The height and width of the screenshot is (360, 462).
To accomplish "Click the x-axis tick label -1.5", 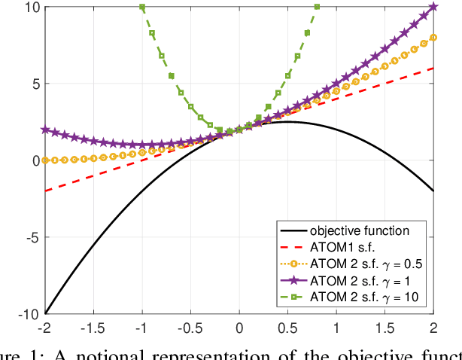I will tap(93, 328).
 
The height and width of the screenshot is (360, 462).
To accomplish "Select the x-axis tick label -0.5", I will tap(190, 328).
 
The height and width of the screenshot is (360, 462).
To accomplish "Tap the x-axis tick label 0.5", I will tap(288, 328).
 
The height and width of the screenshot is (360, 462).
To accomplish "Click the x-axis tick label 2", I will tap(433, 328).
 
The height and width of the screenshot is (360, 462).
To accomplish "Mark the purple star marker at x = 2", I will tap(433, 7).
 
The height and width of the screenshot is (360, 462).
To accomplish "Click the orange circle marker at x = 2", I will tap(433, 37).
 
